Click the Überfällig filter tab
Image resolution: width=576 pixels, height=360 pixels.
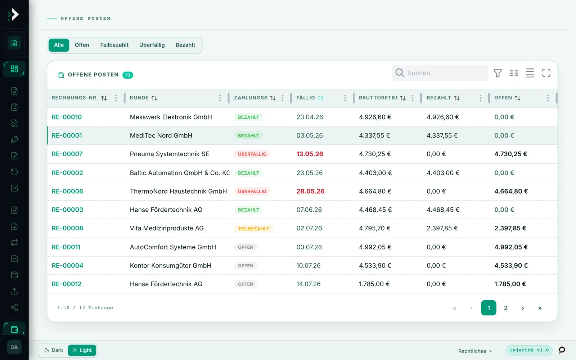[x=152, y=45]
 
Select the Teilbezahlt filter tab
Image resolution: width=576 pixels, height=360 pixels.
[x=114, y=45]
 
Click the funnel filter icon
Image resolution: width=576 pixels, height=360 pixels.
[x=498, y=73]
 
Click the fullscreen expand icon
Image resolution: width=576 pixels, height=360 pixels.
[x=546, y=73]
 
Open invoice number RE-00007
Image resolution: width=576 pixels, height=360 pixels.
[x=67, y=154]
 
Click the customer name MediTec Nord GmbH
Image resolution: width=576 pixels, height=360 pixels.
[x=161, y=135]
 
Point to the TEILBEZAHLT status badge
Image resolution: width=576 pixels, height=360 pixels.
[x=253, y=229]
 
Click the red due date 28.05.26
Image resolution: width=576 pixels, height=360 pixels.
[x=310, y=191]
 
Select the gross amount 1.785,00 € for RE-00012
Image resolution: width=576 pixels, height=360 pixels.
[x=374, y=284]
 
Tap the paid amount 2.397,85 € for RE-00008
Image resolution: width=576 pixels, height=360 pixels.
[x=442, y=228]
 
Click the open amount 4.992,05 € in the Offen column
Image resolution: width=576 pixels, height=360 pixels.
[x=511, y=247]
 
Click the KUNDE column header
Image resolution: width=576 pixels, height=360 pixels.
[x=139, y=98]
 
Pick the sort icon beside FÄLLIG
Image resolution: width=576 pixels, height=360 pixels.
[x=320, y=98]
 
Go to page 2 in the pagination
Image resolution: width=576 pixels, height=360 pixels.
[x=505, y=308]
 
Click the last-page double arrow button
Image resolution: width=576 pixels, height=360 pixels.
[x=540, y=308]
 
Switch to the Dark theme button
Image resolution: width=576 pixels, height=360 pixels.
[x=54, y=350]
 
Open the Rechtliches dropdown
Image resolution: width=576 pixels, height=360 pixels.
[x=475, y=351]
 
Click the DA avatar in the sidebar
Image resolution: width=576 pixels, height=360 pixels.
[x=14, y=347]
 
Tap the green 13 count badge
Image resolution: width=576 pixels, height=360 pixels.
[x=127, y=75]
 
